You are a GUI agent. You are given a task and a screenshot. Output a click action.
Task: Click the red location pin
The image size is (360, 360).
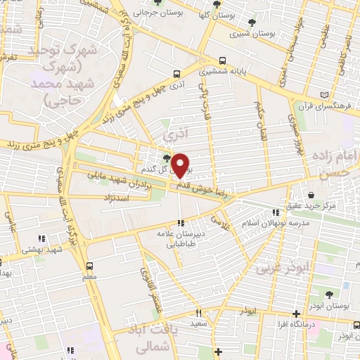click(180, 165)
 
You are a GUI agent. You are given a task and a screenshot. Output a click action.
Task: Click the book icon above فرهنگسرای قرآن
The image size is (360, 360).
click(323, 95)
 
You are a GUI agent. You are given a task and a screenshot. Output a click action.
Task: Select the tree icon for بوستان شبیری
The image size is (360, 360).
click(252, 22)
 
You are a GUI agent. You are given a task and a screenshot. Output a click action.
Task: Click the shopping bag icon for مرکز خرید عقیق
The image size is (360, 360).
click(311, 195)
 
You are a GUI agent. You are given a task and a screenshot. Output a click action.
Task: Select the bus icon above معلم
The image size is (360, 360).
click(89, 266)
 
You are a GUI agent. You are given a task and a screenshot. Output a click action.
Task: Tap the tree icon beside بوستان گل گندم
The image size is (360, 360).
click(166, 157)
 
